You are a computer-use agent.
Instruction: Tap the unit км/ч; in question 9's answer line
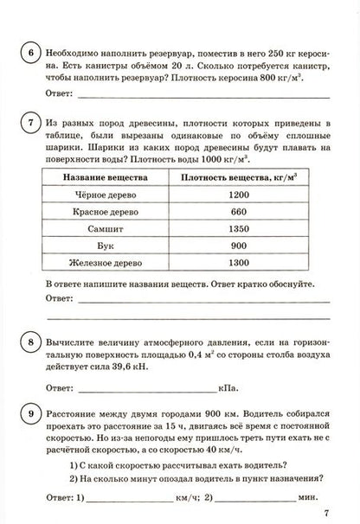tap(189, 498)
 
